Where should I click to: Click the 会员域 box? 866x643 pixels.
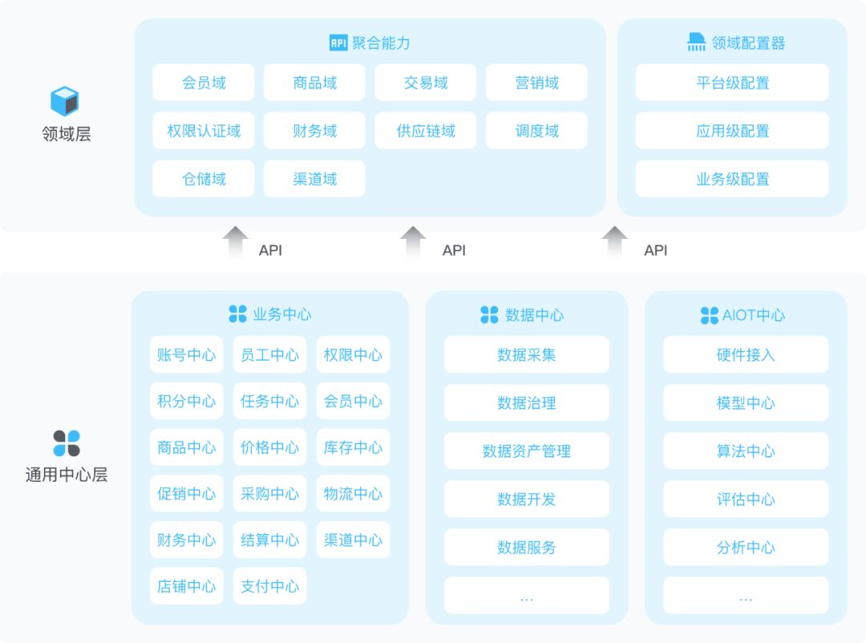pos(204,83)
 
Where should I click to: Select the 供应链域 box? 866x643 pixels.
pos(425,131)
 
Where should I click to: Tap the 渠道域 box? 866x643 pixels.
pos(314,179)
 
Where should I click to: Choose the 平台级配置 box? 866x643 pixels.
pos(732,83)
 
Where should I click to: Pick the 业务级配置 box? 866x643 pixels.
pos(732,179)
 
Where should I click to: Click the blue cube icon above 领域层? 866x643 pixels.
pos(65,102)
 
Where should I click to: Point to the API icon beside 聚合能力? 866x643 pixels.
pos(338,42)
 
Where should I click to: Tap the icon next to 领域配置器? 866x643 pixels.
pos(696,42)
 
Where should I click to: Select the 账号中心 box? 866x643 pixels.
pos(186,354)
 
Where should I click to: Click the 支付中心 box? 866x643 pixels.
pos(269,586)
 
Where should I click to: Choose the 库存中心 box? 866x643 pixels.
pos(353,447)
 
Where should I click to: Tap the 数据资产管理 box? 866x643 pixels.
pos(527,451)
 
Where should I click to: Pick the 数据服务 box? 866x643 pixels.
pos(527,548)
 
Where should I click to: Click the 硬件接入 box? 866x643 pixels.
pos(746,354)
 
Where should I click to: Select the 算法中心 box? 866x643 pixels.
pos(746,451)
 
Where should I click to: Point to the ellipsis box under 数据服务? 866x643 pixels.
pos(527,596)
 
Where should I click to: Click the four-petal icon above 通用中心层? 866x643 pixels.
pos(67,443)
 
